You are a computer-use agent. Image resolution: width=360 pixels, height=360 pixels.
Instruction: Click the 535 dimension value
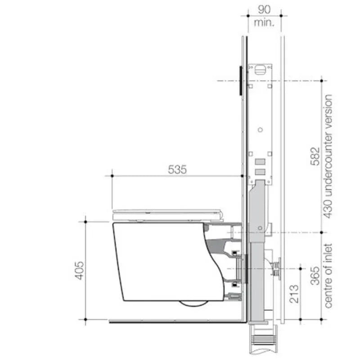point(177,170)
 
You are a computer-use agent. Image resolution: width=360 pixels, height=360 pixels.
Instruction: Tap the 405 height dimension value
point(79,270)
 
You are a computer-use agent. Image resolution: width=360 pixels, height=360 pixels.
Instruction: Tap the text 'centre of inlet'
point(329,276)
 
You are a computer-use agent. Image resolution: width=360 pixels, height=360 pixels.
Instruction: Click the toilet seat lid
point(167,212)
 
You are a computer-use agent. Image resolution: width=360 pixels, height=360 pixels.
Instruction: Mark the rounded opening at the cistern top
point(261,69)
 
